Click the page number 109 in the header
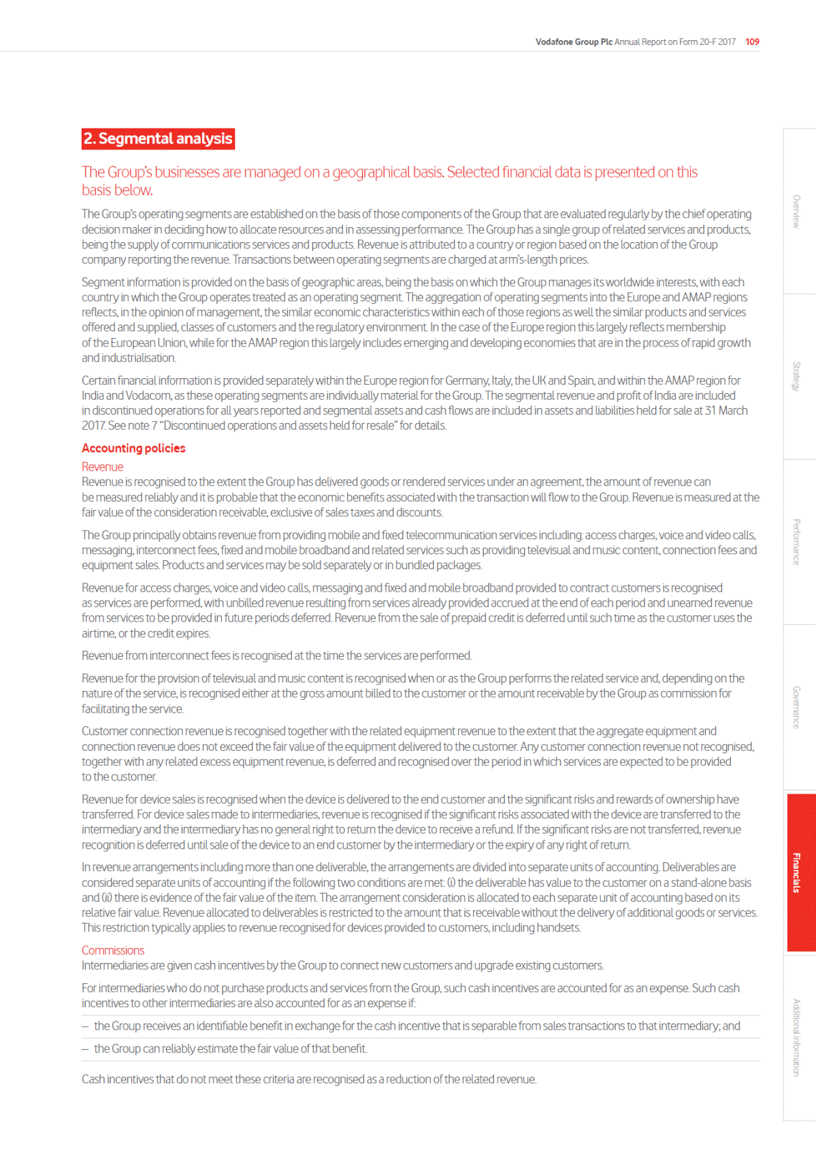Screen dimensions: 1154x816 coord(752,41)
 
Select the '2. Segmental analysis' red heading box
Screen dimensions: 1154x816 coord(158,139)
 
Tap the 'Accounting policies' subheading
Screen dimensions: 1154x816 coord(133,448)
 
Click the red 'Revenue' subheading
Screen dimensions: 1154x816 coord(102,466)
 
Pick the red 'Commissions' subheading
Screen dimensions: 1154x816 coord(113,950)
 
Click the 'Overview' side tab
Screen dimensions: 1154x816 coord(796,211)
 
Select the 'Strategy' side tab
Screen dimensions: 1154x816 coord(796,376)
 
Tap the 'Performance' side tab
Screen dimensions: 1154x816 coord(796,542)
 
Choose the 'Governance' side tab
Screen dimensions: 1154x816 coord(796,707)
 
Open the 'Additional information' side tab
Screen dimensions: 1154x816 coord(796,1038)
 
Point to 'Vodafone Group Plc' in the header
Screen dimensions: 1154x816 coord(574,41)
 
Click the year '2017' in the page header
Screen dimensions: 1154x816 coord(726,41)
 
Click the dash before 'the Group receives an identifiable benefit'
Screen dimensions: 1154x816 coord(85,1026)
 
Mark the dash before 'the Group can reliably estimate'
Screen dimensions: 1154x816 coord(85,1049)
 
